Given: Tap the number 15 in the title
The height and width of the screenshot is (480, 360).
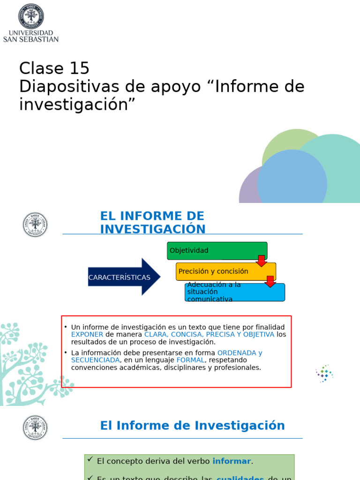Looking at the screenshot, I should [79, 68].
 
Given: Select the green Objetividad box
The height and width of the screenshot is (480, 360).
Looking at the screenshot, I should [217, 250].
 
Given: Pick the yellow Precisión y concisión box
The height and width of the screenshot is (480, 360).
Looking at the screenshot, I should [225, 271].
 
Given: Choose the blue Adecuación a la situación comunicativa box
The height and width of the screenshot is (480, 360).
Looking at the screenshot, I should [234, 292].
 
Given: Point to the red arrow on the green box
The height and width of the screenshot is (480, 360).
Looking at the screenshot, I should [261, 261].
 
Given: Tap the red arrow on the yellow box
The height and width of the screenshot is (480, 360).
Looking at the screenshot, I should [270, 281].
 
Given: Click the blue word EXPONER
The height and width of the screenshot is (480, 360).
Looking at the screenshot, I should [87, 334].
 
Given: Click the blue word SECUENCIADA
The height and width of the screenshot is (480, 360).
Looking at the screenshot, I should [95, 360].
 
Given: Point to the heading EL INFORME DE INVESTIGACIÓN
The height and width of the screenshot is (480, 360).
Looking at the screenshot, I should [152, 223].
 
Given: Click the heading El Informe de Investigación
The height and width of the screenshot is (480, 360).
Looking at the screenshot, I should [192, 426].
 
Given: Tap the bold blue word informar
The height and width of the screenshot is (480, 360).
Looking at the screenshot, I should [232, 461].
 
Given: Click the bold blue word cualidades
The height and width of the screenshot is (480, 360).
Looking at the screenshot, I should [240, 478].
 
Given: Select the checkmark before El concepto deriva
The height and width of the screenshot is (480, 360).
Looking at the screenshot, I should [90, 460].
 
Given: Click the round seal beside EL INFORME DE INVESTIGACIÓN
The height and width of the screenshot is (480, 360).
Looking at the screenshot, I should [35, 225].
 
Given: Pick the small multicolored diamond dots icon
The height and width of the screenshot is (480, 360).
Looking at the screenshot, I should [324, 374].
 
